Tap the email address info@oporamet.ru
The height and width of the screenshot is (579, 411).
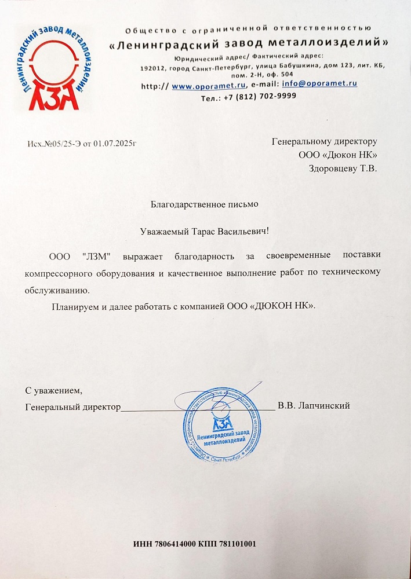pos(319,84)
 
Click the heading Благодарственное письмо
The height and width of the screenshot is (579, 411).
pos(205,204)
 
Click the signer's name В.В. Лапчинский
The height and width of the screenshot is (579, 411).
pos(314,406)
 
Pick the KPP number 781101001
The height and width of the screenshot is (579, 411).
pos(235,544)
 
